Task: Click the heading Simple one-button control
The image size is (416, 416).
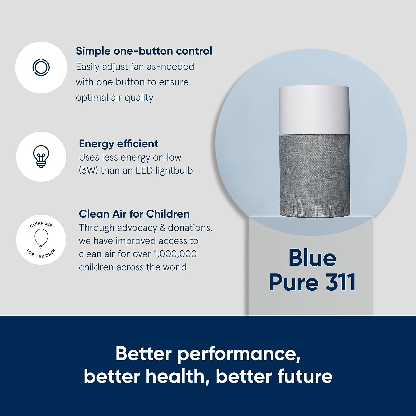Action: pos(144,51)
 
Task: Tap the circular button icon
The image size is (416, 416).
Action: pos(41,67)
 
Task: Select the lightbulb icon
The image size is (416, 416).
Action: pos(41,156)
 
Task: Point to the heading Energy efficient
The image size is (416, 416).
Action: pos(118,144)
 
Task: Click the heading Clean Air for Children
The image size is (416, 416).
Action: pos(134,214)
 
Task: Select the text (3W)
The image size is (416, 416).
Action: pos(88,170)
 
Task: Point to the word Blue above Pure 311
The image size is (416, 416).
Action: pos(312,258)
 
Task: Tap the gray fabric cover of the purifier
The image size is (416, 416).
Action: pos(314,175)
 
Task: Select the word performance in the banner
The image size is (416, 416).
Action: pos(239,354)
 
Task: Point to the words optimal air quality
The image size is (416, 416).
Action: pos(115,98)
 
